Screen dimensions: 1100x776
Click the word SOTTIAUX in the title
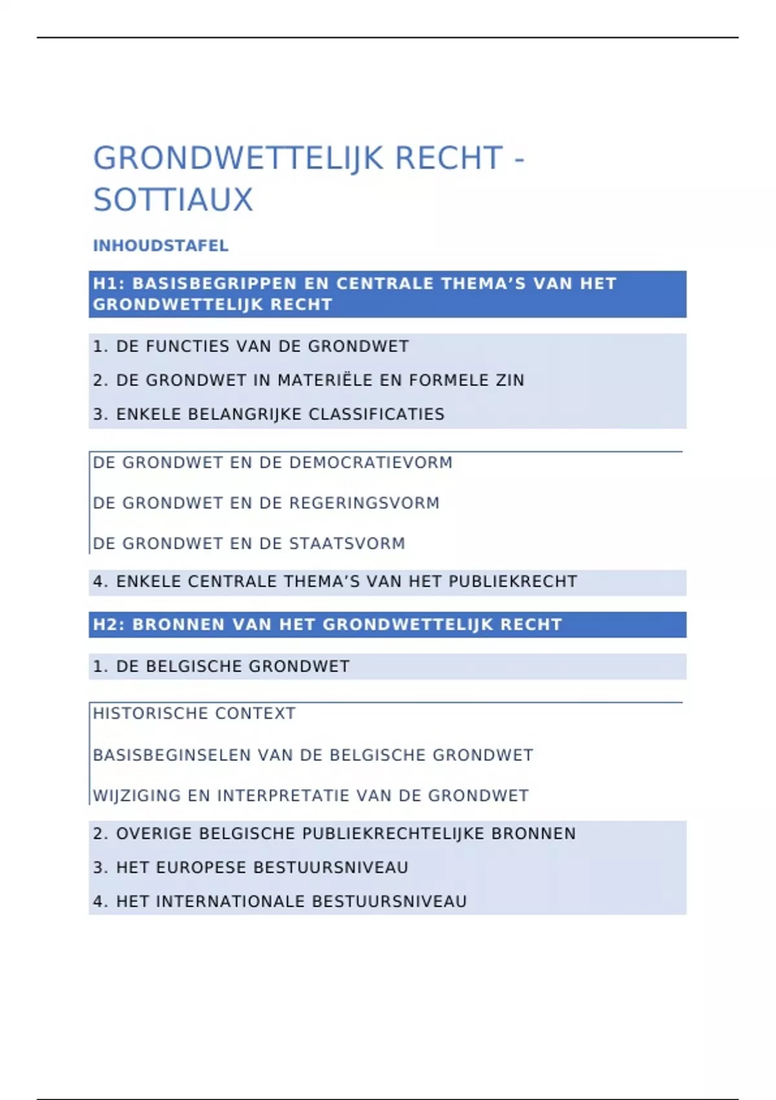(173, 199)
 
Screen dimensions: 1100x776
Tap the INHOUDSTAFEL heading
(160, 246)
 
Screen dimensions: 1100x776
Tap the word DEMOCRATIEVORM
(371, 463)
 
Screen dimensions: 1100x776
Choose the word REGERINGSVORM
(364, 503)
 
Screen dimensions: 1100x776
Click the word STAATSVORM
(347, 544)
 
